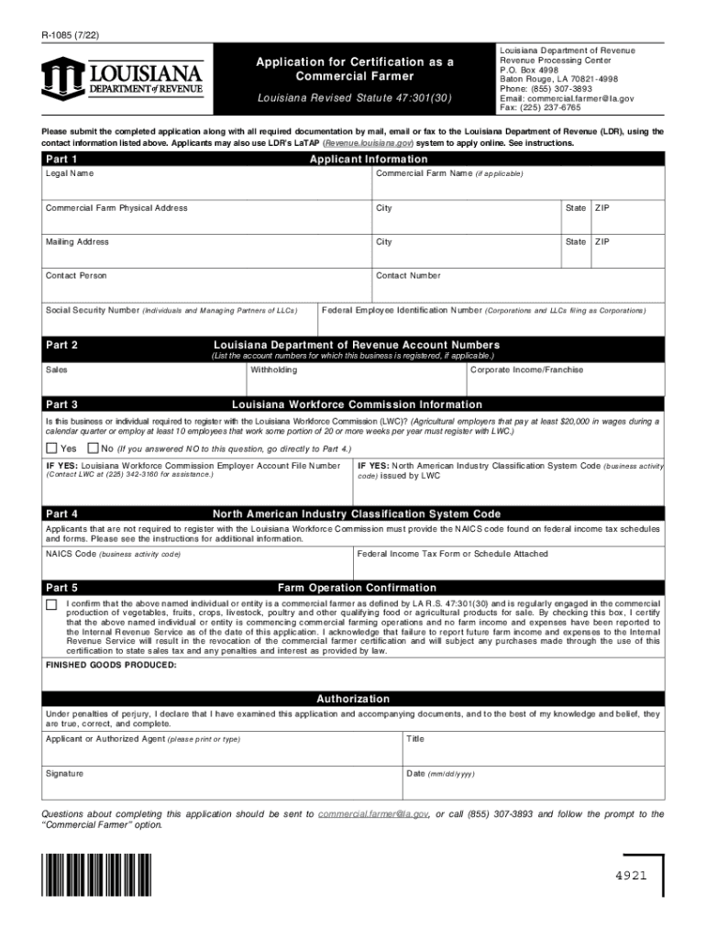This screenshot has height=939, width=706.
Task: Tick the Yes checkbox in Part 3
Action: pos(51,448)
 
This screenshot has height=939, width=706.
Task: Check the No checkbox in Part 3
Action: pos(92,448)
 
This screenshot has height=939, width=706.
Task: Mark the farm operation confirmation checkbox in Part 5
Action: pos(51,605)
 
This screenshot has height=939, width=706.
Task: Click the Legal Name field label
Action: pos(70,173)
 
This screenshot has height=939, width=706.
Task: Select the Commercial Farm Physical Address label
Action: pos(116,208)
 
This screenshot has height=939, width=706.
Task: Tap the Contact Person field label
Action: pos(76,276)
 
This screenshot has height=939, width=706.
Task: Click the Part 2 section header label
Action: pos(61,345)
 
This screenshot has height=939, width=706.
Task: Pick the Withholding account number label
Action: pos(274,370)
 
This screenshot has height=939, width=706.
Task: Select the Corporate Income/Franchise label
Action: pos(526,370)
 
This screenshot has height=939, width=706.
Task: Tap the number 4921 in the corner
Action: pos(631,875)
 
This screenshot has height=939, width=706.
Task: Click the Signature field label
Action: pos(64,774)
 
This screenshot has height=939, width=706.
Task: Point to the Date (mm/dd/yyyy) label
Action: pos(440,774)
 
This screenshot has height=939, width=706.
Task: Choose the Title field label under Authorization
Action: pos(415,739)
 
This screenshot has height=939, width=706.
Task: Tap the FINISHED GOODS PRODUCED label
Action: pos(111,665)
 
